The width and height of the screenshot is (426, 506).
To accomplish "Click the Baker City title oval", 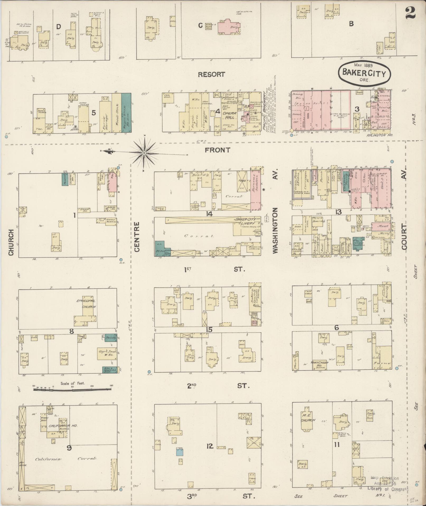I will pyautogui.click(x=364, y=73).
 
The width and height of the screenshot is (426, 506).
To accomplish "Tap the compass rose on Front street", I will pyautogui.click(x=144, y=153).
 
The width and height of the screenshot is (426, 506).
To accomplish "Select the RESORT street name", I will pyautogui.click(x=211, y=75).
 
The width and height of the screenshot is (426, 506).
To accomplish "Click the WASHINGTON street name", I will pyautogui.click(x=275, y=231).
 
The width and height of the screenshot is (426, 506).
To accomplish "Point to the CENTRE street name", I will pyautogui.click(x=137, y=236).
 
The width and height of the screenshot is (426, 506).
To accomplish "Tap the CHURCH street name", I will pyautogui.click(x=11, y=243).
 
